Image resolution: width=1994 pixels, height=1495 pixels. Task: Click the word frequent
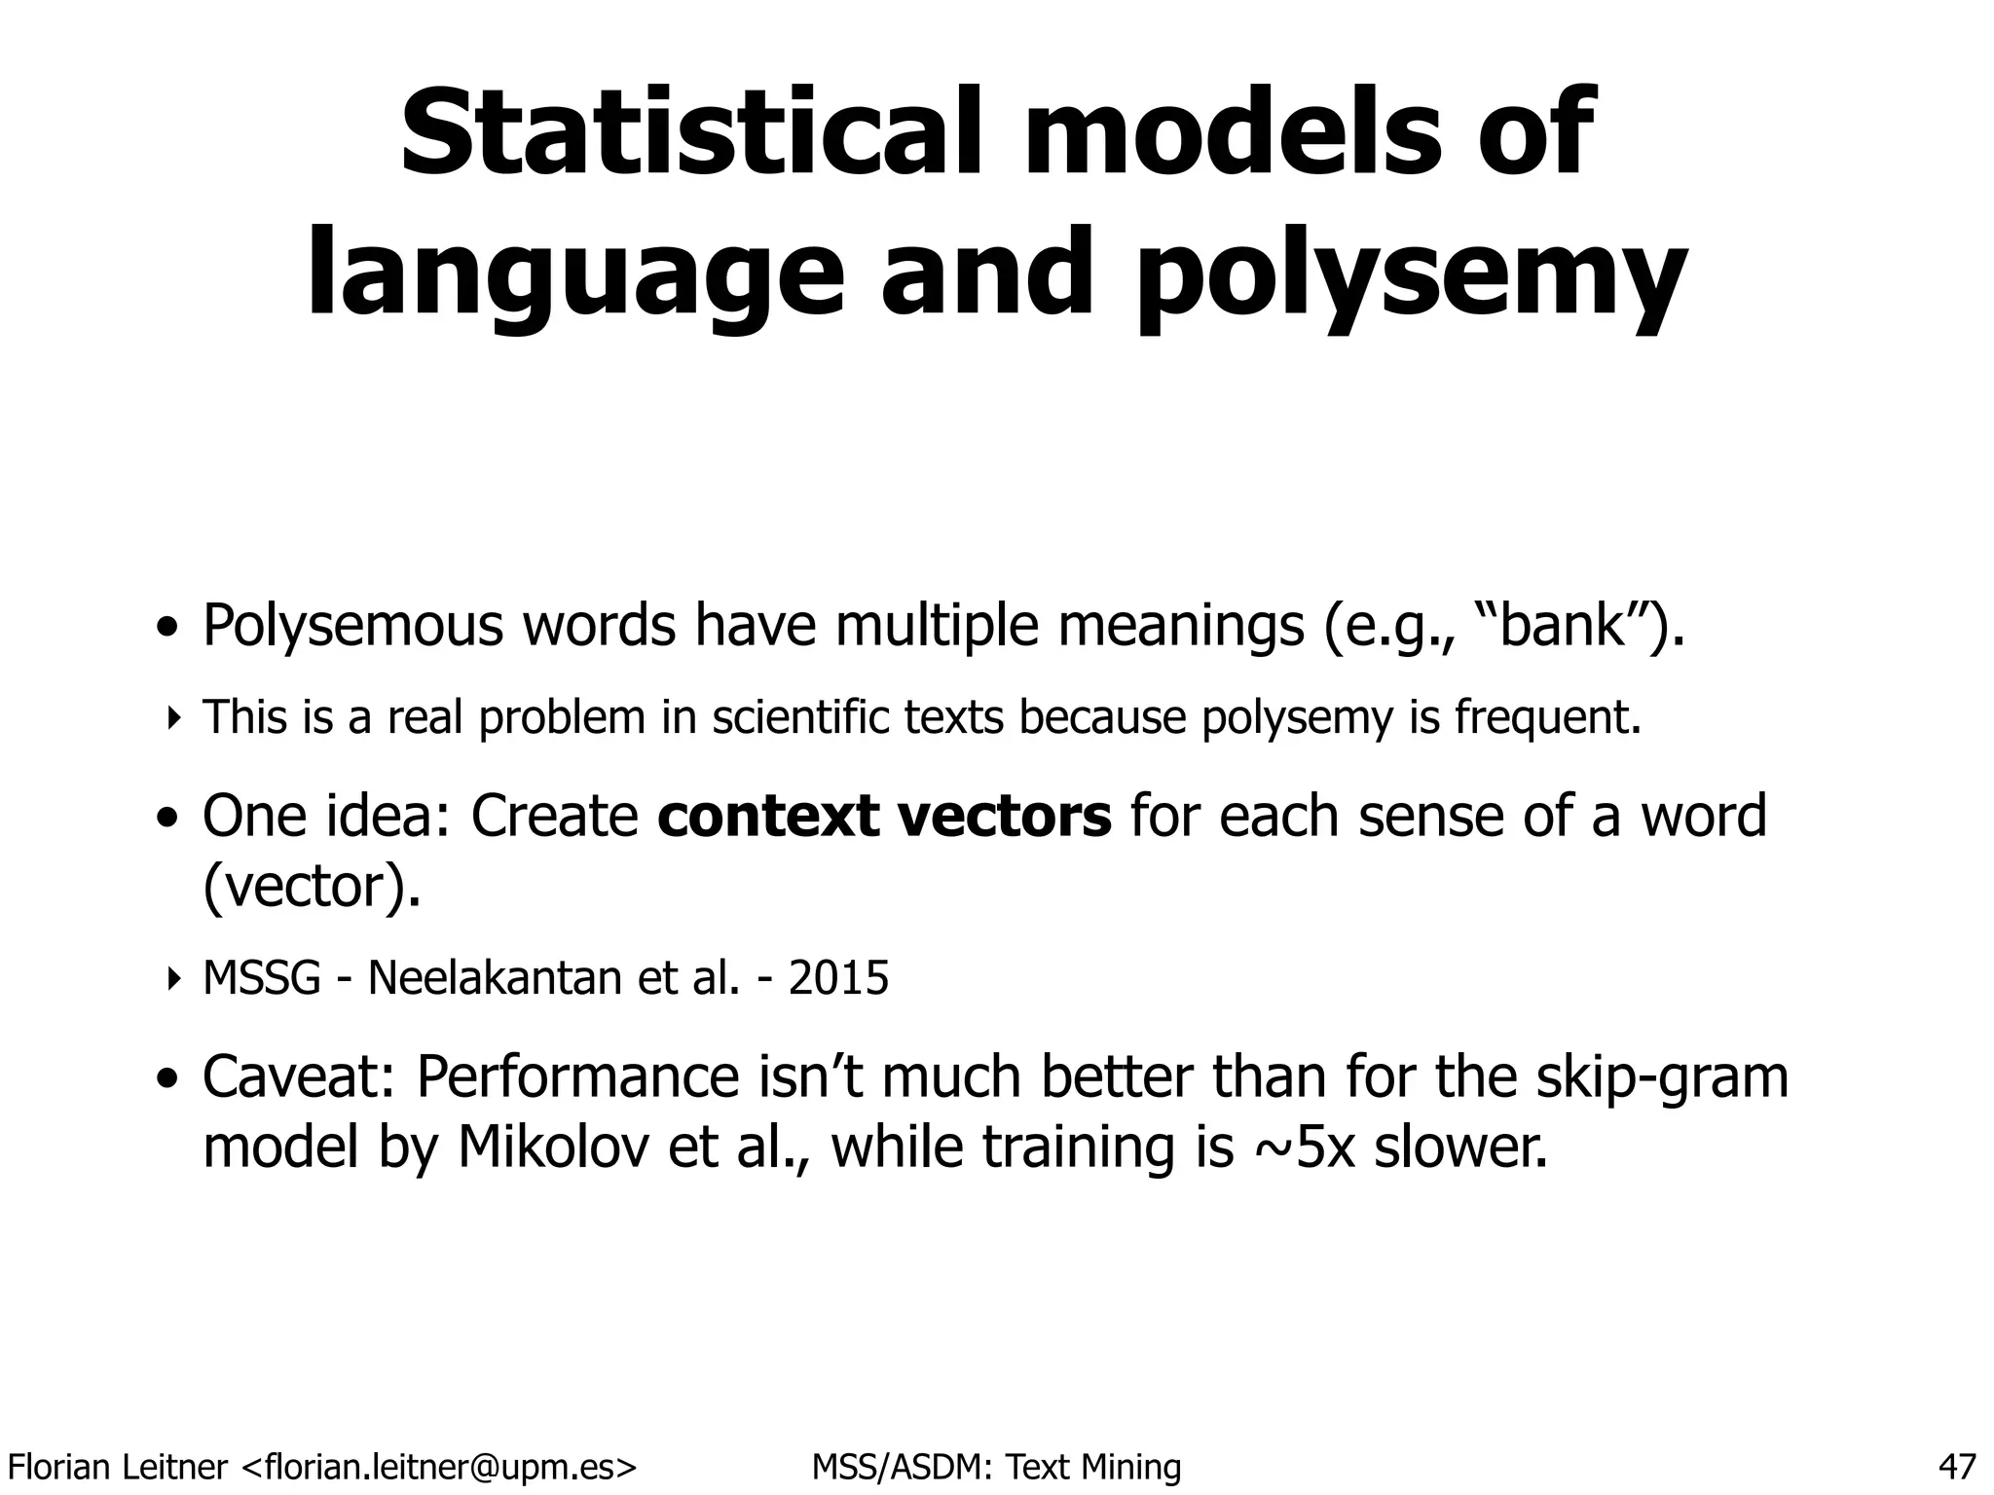(x=1548, y=718)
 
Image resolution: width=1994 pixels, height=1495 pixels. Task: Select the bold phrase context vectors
(x=884, y=816)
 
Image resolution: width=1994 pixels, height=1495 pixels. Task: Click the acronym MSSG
(x=261, y=978)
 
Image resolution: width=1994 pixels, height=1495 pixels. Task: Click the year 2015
(x=838, y=978)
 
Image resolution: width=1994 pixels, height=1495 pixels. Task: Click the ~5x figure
(x=1301, y=1149)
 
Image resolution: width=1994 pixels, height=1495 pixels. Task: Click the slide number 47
(x=1957, y=1466)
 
